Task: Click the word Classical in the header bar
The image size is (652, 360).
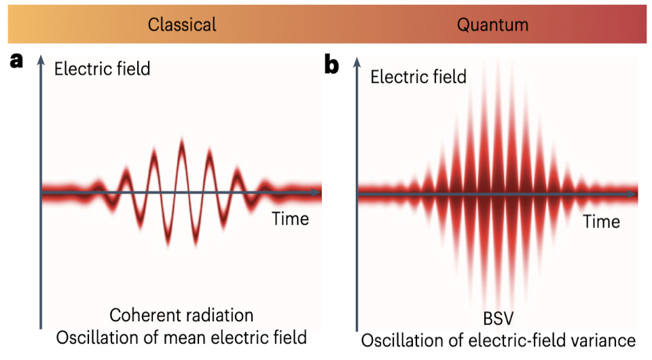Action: tap(182, 25)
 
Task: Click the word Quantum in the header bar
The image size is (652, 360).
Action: tap(492, 25)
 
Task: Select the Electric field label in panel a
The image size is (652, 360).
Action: tap(103, 69)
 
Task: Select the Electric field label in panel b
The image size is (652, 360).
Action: tap(418, 77)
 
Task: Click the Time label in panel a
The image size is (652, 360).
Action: tap(290, 219)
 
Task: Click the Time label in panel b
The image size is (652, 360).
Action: tap(601, 221)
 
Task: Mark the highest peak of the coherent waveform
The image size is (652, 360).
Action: tap(181, 141)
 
